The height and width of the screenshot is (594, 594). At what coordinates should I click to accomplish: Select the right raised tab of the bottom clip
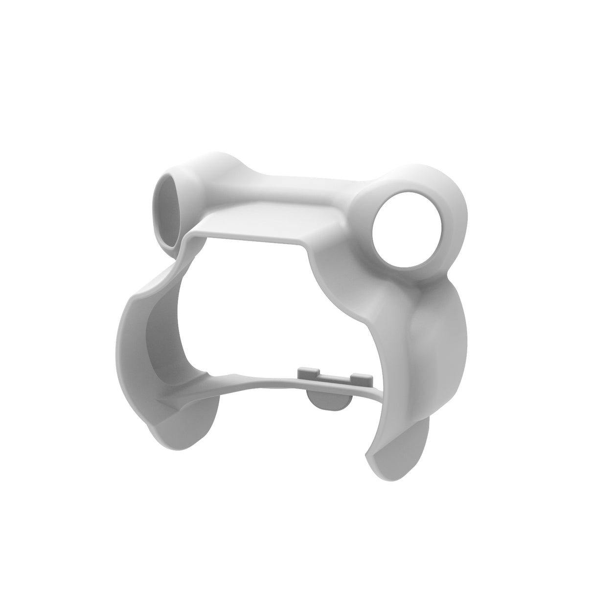pyautogui.click(x=361, y=376)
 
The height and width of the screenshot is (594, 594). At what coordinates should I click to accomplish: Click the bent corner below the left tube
pyautogui.click(x=188, y=247)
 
